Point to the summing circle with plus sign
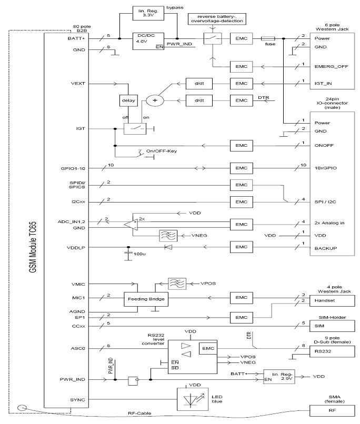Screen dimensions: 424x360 155,100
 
